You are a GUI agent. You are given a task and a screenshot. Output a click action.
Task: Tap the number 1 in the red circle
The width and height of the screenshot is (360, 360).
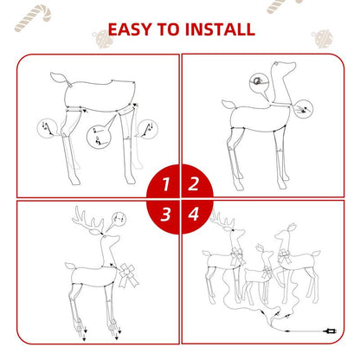(x=164, y=183)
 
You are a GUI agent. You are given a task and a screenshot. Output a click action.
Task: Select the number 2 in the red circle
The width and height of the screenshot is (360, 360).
(x=194, y=183)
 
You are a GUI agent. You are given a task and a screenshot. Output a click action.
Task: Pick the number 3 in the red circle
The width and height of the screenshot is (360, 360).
(x=164, y=213)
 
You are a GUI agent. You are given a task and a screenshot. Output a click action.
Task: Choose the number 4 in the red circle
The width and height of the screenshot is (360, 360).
(x=194, y=213)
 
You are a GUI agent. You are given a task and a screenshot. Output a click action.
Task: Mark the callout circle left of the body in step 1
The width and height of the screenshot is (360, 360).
(x=44, y=129)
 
